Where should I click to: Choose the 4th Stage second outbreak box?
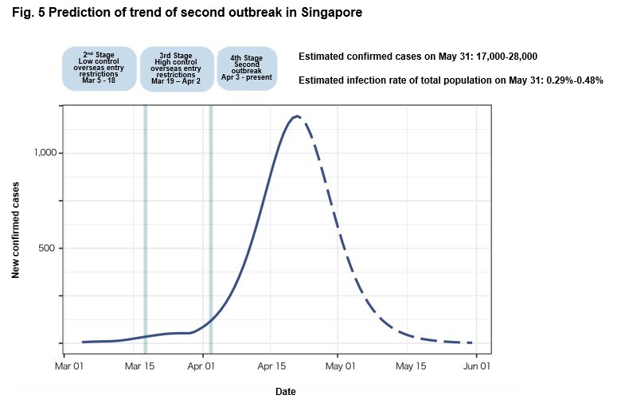[x=246, y=70]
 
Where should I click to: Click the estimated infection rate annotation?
[x=451, y=80]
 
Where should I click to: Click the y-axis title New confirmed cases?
[x=16, y=229]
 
